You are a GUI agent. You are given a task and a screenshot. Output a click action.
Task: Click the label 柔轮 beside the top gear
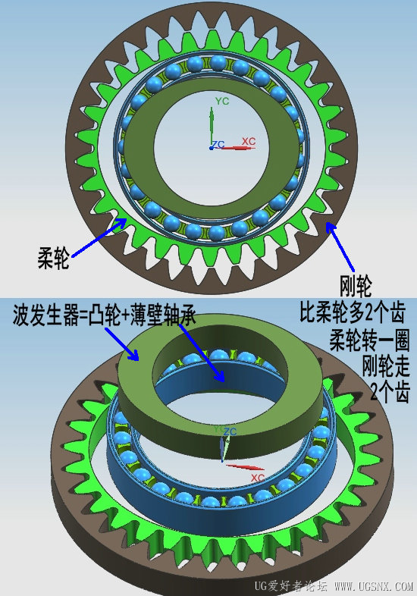coord(53,257)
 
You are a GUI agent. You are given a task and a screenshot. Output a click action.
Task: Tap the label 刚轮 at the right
coord(356,285)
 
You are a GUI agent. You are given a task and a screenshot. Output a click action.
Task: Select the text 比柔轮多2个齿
coord(353,312)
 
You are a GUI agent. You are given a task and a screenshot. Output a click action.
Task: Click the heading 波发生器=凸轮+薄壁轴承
coord(104,315)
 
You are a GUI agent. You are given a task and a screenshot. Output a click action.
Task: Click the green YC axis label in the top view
coord(222,102)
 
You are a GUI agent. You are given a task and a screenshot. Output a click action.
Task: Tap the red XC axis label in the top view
coord(249,141)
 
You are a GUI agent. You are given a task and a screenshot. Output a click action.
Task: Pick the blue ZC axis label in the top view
coord(218,144)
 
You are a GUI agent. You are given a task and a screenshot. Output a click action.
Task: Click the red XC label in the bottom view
coord(257,478)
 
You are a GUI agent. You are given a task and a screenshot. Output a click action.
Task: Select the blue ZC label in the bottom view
coord(230,431)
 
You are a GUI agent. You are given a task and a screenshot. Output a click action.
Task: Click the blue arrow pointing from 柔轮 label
coord(99,237)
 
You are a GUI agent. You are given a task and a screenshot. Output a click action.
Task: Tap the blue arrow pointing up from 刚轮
coord(340,247)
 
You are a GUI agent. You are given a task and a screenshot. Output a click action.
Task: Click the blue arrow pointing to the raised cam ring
coord(121,343)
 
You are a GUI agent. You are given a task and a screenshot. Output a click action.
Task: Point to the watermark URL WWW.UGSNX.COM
coord(373,586)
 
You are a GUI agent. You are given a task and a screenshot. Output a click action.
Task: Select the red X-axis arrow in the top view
coord(237,147)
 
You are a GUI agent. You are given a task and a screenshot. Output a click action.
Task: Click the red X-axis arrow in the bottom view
coord(245,467)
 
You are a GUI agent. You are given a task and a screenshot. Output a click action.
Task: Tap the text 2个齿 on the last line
coord(390,391)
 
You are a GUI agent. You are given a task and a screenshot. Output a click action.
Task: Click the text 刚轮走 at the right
coord(386,365)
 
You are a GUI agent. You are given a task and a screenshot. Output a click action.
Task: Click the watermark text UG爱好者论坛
coord(291,586)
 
